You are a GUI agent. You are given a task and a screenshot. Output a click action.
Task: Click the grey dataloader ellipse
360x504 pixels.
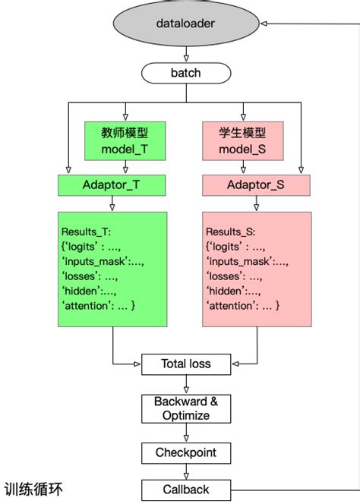click(x=185, y=24)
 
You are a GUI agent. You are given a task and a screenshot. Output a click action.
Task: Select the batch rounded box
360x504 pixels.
click(x=185, y=73)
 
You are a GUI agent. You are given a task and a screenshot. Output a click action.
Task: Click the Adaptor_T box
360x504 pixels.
click(x=112, y=184)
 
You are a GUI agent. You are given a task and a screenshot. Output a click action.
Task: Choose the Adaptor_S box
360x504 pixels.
click(x=256, y=184)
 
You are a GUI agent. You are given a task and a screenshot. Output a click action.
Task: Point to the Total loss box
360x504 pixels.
click(x=185, y=364)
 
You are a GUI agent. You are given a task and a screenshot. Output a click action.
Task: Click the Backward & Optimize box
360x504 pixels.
click(x=185, y=408)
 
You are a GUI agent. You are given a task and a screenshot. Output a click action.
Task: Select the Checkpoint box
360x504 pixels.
click(x=185, y=452)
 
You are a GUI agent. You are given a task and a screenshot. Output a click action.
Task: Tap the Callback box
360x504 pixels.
click(x=185, y=490)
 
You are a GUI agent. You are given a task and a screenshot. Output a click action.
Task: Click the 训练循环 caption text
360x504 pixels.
click(x=34, y=489)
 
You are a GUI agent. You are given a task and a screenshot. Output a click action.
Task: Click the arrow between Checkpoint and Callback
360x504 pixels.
click(x=185, y=471)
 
